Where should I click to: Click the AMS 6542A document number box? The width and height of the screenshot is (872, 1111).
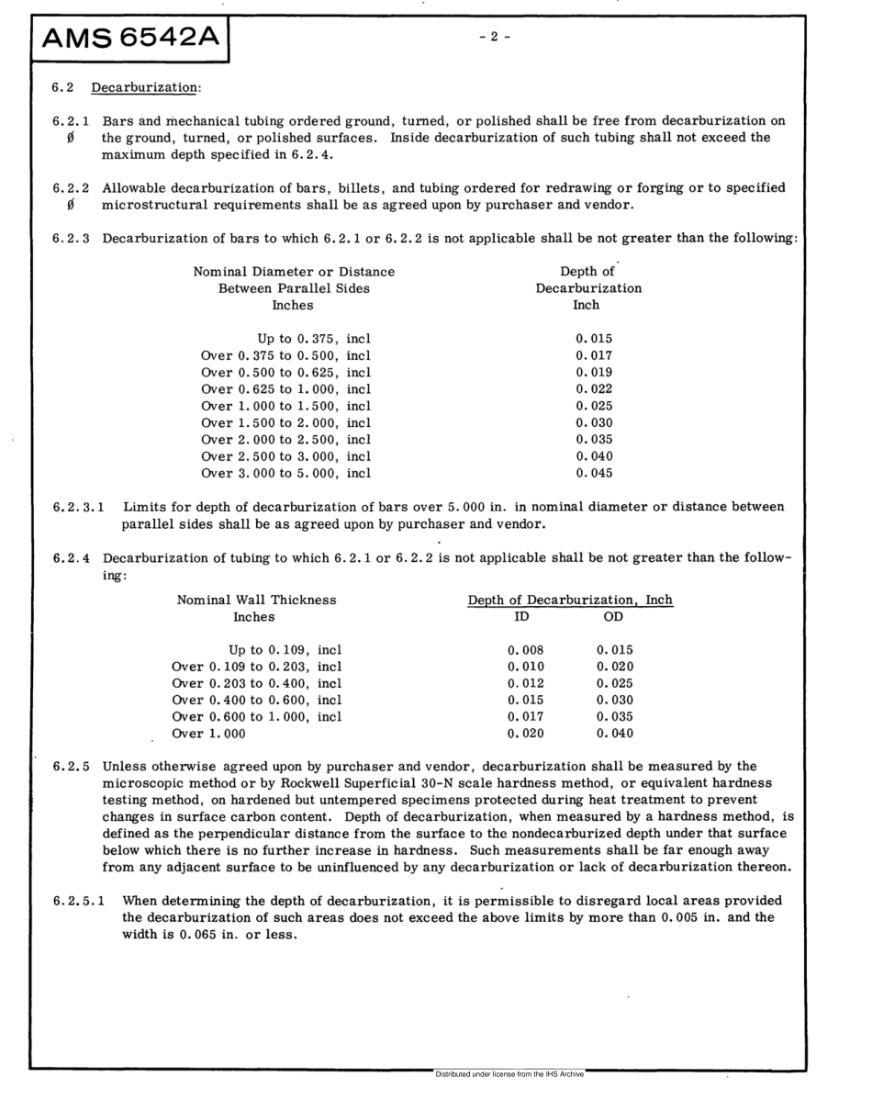click(x=129, y=39)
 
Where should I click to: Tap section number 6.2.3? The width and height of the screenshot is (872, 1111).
click(x=73, y=239)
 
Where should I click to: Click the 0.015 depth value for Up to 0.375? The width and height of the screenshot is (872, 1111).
click(x=594, y=339)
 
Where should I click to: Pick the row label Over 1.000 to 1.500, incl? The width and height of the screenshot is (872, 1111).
click(x=285, y=406)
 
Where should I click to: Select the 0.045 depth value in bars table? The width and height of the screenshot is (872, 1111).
click(x=594, y=474)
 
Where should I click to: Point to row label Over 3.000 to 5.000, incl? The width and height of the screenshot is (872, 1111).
click(x=285, y=474)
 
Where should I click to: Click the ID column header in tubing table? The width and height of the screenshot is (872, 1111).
click(x=522, y=617)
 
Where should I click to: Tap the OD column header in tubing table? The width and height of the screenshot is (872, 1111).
click(x=614, y=617)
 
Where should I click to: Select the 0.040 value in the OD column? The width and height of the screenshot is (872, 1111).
click(x=615, y=734)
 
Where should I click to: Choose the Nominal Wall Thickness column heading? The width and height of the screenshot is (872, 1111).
click(x=256, y=600)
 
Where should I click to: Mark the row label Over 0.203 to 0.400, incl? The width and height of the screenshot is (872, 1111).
click(x=257, y=683)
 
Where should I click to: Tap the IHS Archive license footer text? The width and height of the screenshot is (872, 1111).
click(x=509, y=1073)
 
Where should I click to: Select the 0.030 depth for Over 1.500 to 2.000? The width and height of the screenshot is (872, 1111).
click(x=594, y=423)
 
